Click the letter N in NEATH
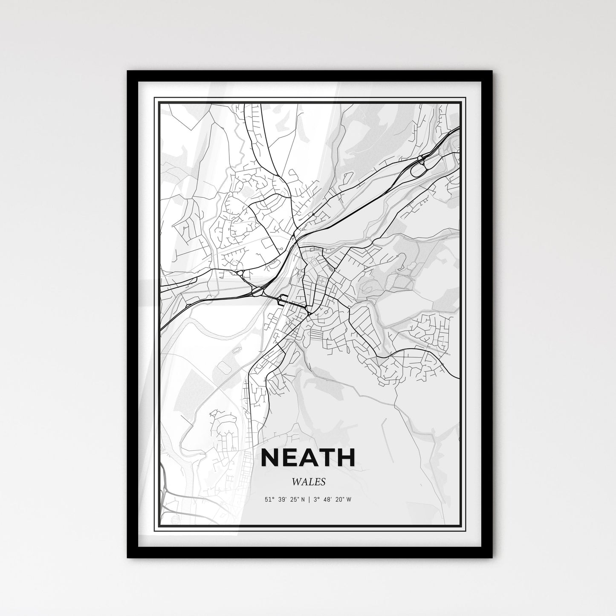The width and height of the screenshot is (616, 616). point(270,457)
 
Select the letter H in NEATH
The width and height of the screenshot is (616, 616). point(345,457)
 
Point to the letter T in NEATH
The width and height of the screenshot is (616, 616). point(327,457)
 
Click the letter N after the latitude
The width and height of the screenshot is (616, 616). point(303,500)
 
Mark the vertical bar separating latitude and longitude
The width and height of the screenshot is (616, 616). point(309,500)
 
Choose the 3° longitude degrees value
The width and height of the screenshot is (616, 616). point(315,500)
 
